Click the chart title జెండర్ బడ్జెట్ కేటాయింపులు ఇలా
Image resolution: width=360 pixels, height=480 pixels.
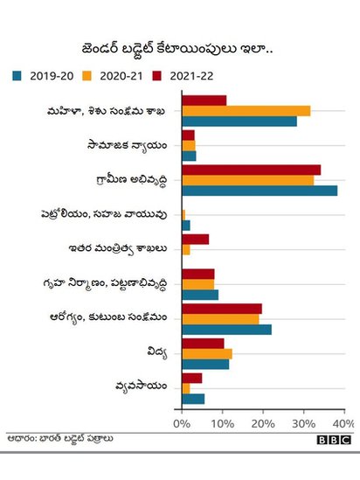(179, 46)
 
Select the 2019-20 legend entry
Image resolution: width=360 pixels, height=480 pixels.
(43, 75)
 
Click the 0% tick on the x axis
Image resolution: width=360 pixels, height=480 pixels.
(182, 423)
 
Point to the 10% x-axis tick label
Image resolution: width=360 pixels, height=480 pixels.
(222, 423)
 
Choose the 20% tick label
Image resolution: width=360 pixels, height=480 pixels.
(263, 423)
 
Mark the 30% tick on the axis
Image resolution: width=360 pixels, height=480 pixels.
(303, 423)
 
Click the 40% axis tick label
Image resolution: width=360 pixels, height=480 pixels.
(343, 423)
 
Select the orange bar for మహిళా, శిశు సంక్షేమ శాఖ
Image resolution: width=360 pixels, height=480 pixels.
(246, 111)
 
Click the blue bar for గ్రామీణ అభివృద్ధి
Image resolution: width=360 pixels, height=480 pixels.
(260, 191)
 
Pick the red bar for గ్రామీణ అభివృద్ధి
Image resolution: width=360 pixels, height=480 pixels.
(251, 170)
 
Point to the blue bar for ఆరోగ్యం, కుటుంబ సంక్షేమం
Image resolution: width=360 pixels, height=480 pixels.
(226, 330)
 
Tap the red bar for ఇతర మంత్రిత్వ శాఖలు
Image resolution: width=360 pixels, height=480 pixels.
(195, 239)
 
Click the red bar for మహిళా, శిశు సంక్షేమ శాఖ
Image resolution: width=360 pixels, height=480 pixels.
(204, 101)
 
